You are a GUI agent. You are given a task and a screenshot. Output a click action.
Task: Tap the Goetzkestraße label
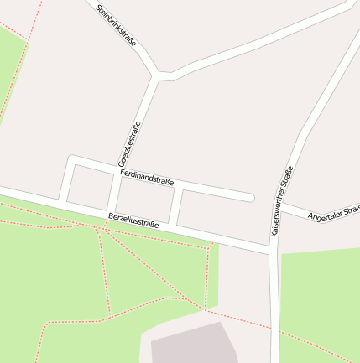pos(128,143)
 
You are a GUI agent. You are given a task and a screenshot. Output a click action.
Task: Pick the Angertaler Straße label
pos(333,214)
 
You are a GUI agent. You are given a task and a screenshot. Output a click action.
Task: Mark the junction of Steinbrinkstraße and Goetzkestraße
pos(158,76)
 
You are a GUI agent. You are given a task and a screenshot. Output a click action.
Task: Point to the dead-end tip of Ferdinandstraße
pos(249,198)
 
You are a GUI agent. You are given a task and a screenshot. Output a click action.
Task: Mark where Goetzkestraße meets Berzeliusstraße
pos(107,210)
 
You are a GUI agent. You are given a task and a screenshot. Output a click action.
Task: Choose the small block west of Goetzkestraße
pos(88,185)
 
